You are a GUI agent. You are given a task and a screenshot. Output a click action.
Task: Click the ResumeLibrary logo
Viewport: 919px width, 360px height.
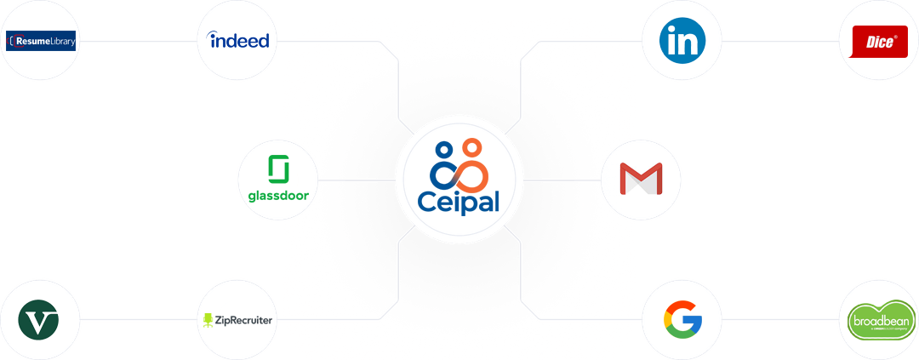(x=41, y=40)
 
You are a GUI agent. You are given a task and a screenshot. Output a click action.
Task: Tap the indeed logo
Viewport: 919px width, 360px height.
(x=238, y=40)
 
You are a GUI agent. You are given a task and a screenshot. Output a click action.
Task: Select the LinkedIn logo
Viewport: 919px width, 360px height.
(x=692, y=40)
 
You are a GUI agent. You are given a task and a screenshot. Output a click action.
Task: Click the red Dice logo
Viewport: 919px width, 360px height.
(x=879, y=41)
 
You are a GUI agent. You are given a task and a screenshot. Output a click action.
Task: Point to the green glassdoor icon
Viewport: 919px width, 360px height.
(x=277, y=169)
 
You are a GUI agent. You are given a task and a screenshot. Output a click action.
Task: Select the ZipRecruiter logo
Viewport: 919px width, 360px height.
(x=238, y=320)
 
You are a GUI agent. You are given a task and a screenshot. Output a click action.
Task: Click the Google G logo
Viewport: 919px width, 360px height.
(x=682, y=320)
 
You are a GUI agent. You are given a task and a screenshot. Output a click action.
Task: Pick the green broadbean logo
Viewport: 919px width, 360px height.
(x=880, y=321)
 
